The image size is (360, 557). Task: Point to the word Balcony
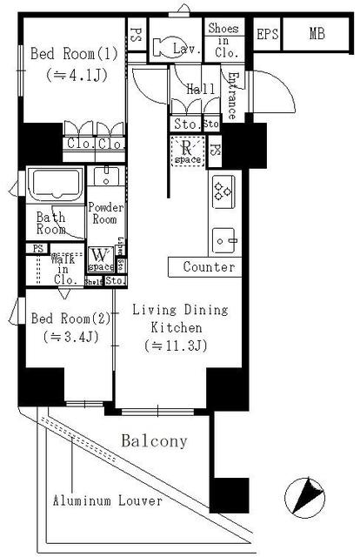tap(154, 441)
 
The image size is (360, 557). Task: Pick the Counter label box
tap(209, 267)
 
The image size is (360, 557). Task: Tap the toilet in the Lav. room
tap(163, 47)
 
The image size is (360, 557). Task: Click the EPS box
tap(268, 35)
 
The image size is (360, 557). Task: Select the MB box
tap(315, 35)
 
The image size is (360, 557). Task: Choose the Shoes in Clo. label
tap(223, 39)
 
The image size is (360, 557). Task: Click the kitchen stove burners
tap(222, 190)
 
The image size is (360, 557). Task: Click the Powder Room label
tap(106, 214)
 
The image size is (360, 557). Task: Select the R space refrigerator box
tap(186, 152)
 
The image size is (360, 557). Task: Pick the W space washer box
tap(101, 258)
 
